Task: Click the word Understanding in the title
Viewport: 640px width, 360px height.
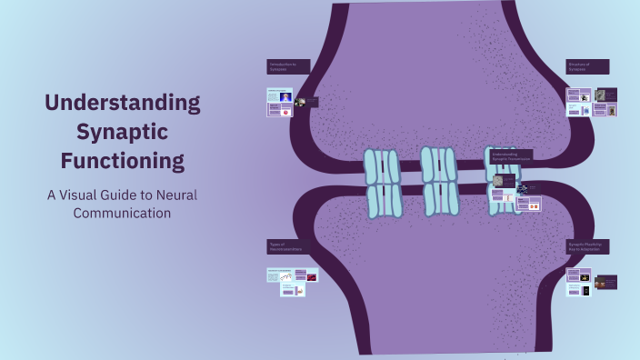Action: point(122,102)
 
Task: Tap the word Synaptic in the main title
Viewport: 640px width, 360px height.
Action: point(122,132)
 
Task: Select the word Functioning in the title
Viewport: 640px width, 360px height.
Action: point(122,162)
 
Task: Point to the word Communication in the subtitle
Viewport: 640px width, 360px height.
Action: point(122,215)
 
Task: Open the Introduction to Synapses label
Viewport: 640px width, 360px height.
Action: point(288,67)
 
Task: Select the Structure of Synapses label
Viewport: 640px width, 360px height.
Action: point(587,67)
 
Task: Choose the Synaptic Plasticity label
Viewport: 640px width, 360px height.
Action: point(587,246)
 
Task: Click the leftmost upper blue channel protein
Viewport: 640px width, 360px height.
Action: point(382,166)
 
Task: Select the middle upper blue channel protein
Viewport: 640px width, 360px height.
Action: point(439,164)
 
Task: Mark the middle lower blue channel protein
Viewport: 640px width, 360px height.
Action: point(441,198)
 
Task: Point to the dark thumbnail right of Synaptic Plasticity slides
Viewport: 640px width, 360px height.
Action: point(607,282)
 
